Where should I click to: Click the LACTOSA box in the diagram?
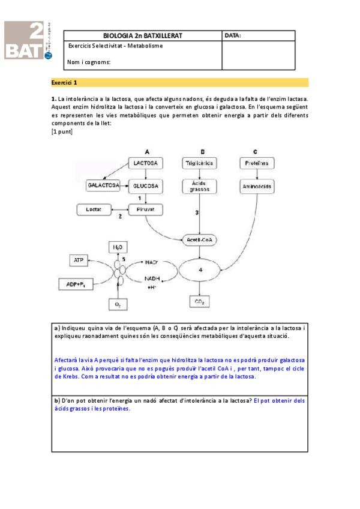click(146, 163)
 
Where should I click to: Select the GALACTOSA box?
click(103, 186)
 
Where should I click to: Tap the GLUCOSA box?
click(146, 186)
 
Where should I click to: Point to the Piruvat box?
click(146, 209)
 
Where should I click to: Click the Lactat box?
click(94, 209)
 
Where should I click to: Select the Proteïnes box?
click(257, 163)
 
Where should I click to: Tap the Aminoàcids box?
click(257, 187)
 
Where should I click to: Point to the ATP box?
click(79, 260)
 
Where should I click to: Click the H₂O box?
click(118, 247)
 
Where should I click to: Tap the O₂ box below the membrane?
click(118, 305)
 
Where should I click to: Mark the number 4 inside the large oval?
click(200, 270)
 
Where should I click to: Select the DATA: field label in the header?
click(233, 35)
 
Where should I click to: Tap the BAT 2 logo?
click(28, 41)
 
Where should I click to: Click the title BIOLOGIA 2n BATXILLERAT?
click(143, 35)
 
